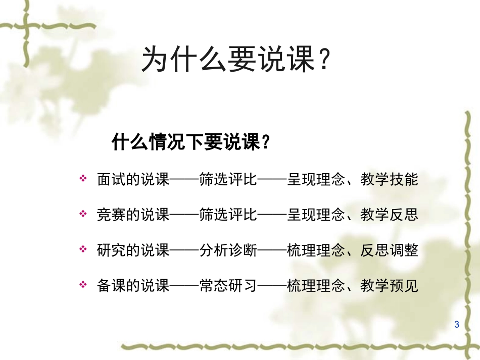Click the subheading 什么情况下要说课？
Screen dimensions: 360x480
[x=190, y=142]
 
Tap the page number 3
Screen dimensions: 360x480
[x=457, y=324]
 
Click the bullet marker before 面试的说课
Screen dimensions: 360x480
[x=83, y=179]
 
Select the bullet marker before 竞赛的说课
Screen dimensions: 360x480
[x=83, y=215]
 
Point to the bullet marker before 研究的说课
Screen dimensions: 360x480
[x=83, y=250]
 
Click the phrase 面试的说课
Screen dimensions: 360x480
[x=133, y=179]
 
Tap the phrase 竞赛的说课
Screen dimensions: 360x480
[x=133, y=215]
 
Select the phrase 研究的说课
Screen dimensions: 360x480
[x=133, y=250]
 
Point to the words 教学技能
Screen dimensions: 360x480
[x=389, y=179]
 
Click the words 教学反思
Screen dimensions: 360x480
[x=389, y=215]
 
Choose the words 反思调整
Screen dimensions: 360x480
[x=389, y=250]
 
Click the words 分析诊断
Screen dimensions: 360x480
[x=228, y=250]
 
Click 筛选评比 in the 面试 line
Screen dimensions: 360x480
[x=228, y=179]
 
